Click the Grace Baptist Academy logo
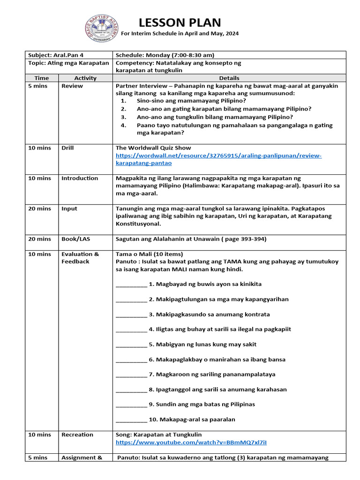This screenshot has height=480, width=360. [x=102, y=29]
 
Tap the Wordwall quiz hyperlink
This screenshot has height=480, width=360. [x=218, y=159]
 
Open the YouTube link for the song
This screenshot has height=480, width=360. [x=191, y=442]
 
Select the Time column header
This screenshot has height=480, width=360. [x=41, y=78]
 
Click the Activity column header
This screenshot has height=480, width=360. [x=85, y=78]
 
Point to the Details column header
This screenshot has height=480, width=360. [x=229, y=78]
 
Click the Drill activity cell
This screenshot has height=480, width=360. [x=67, y=148]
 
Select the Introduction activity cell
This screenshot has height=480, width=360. [x=80, y=178]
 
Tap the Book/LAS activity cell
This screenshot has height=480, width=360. [x=75, y=239]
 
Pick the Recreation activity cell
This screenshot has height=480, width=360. [x=77, y=435]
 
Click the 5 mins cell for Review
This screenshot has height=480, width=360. [x=37, y=86]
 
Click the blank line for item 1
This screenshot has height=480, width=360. [x=131, y=285]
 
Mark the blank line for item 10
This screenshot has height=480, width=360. [x=131, y=420]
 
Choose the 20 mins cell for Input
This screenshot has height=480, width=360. [x=39, y=209]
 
